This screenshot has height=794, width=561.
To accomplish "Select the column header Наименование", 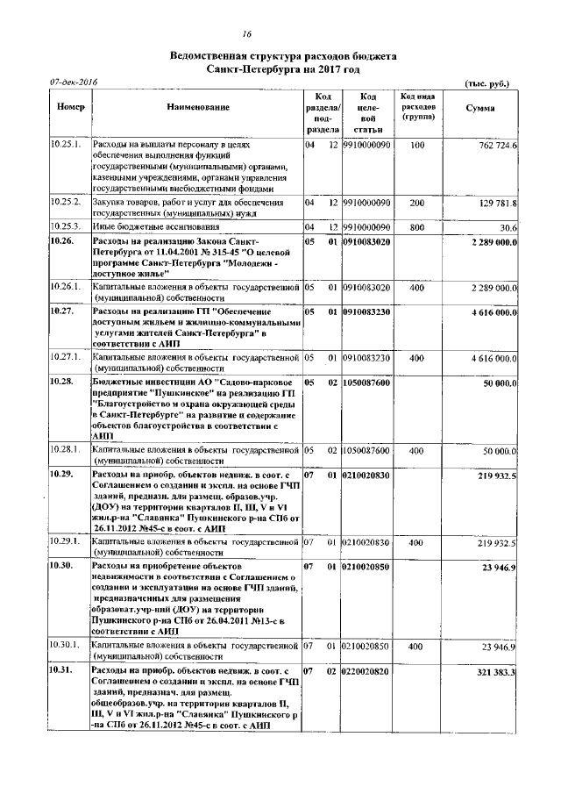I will click(195, 108).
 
